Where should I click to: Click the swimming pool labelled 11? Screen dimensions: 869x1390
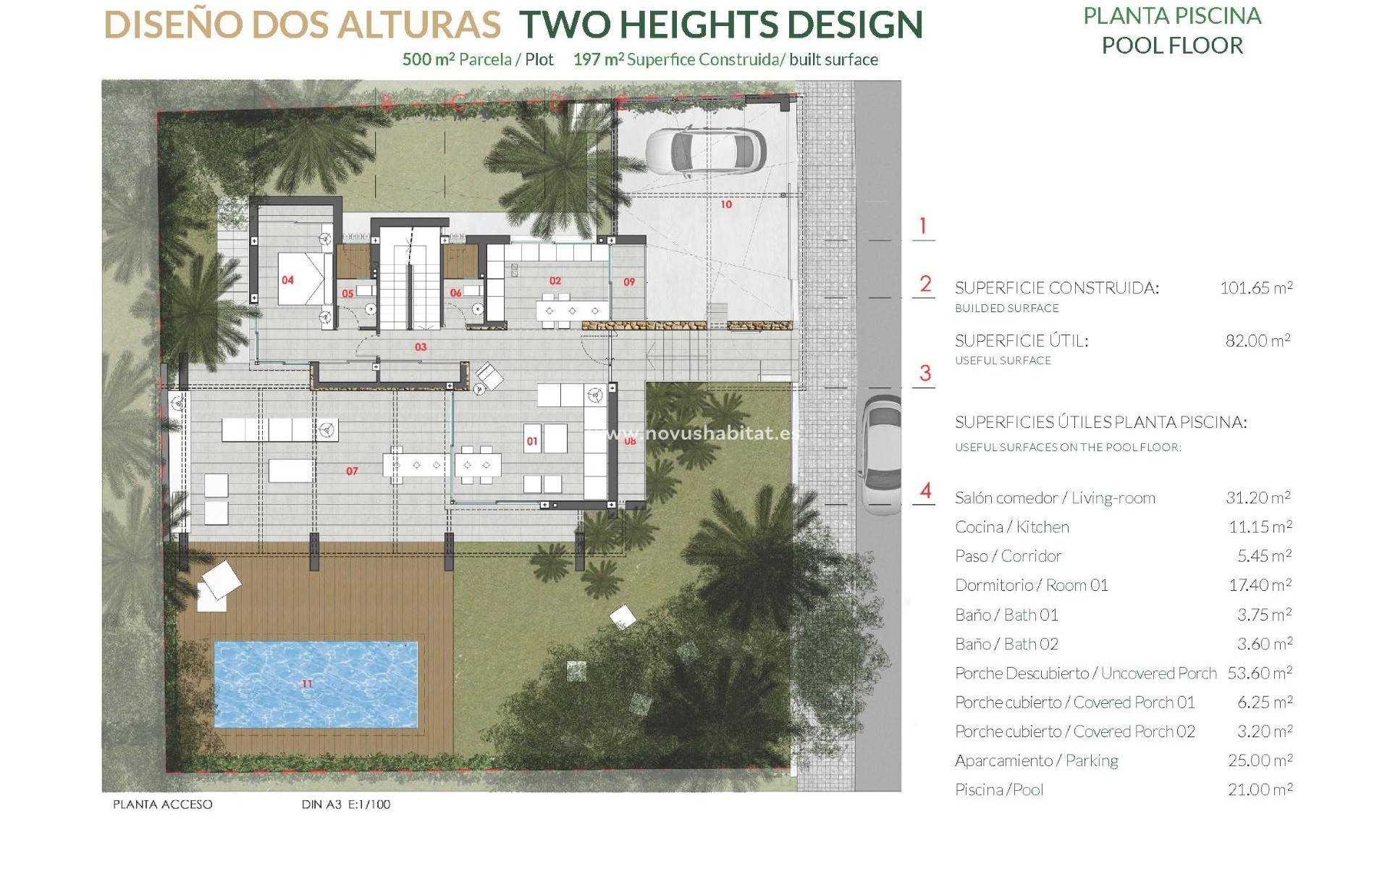[316, 684]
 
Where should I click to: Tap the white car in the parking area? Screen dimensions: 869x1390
[705, 151]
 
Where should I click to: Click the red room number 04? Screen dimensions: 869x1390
[288, 280]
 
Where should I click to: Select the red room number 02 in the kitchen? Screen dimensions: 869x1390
[555, 281]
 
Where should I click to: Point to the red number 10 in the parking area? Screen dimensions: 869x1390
[726, 205]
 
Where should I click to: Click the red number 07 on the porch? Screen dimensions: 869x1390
[352, 471]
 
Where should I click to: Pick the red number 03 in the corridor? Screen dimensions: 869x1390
[421, 348]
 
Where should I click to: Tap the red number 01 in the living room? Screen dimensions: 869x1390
[532, 442]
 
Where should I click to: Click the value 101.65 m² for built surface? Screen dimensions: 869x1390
[1256, 288]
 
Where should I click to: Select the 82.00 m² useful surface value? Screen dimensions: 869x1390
[1258, 340]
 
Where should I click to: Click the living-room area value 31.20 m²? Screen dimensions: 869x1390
[1258, 498]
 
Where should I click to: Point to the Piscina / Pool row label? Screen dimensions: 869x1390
[999, 790]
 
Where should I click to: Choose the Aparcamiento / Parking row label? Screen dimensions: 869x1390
[1036, 760]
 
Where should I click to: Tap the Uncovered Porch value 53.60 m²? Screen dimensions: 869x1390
[1259, 673]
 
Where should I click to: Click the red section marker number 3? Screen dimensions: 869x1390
[924, 374]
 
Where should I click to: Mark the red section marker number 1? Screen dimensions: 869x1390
[922, 226]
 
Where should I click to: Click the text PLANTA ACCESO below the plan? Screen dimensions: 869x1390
[163, 805]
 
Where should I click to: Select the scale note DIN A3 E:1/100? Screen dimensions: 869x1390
[346, 805]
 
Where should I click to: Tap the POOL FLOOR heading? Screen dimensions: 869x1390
[1172, 46]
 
